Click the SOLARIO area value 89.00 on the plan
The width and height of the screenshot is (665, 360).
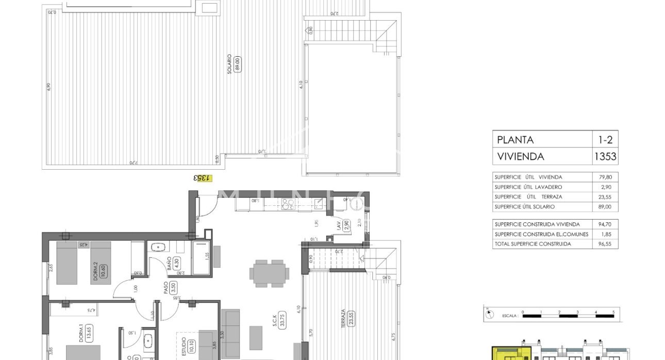pyautogui.click(x=238, y=64)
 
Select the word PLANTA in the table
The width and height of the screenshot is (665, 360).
pyautogui.click(x=515, y=140)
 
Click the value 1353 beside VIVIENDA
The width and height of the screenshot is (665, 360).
pyautogui.click(x=605, y=156)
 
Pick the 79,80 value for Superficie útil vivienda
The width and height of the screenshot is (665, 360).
pyautogui.click(x=605, y=177)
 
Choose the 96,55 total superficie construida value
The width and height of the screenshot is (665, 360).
pyautogui.click(x=605, y=244)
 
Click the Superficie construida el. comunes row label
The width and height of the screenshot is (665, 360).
pyautogui.click(x=541, y=234)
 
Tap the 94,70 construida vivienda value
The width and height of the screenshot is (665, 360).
pyautogui.click(x=605, y=224)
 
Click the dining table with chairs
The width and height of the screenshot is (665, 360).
pyautogui.click(x=269, y=273)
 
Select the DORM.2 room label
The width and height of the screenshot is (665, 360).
pyautogui.click(x=96, y=269)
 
